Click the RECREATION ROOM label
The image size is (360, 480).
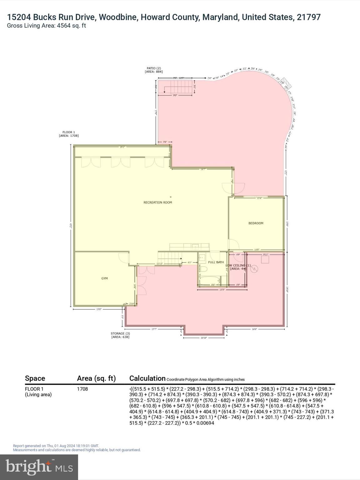(157, 202)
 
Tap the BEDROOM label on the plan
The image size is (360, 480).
(256, 223)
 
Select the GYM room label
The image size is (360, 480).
(104, 278)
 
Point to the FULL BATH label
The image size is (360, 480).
(216, 262)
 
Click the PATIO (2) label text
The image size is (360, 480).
(154, 68)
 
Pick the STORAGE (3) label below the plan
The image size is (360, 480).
(120, 333)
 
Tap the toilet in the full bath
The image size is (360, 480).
(203, 269)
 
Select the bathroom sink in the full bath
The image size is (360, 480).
(202, 259)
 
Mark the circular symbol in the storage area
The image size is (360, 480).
(254, 269)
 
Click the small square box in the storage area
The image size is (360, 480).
(265, 260)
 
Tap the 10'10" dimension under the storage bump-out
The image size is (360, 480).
(204, 338)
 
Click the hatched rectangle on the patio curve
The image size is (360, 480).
(286, 83)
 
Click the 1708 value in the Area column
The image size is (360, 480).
(82, 389)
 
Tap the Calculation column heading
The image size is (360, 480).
(147, 378)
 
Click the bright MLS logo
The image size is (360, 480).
(39, 467)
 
